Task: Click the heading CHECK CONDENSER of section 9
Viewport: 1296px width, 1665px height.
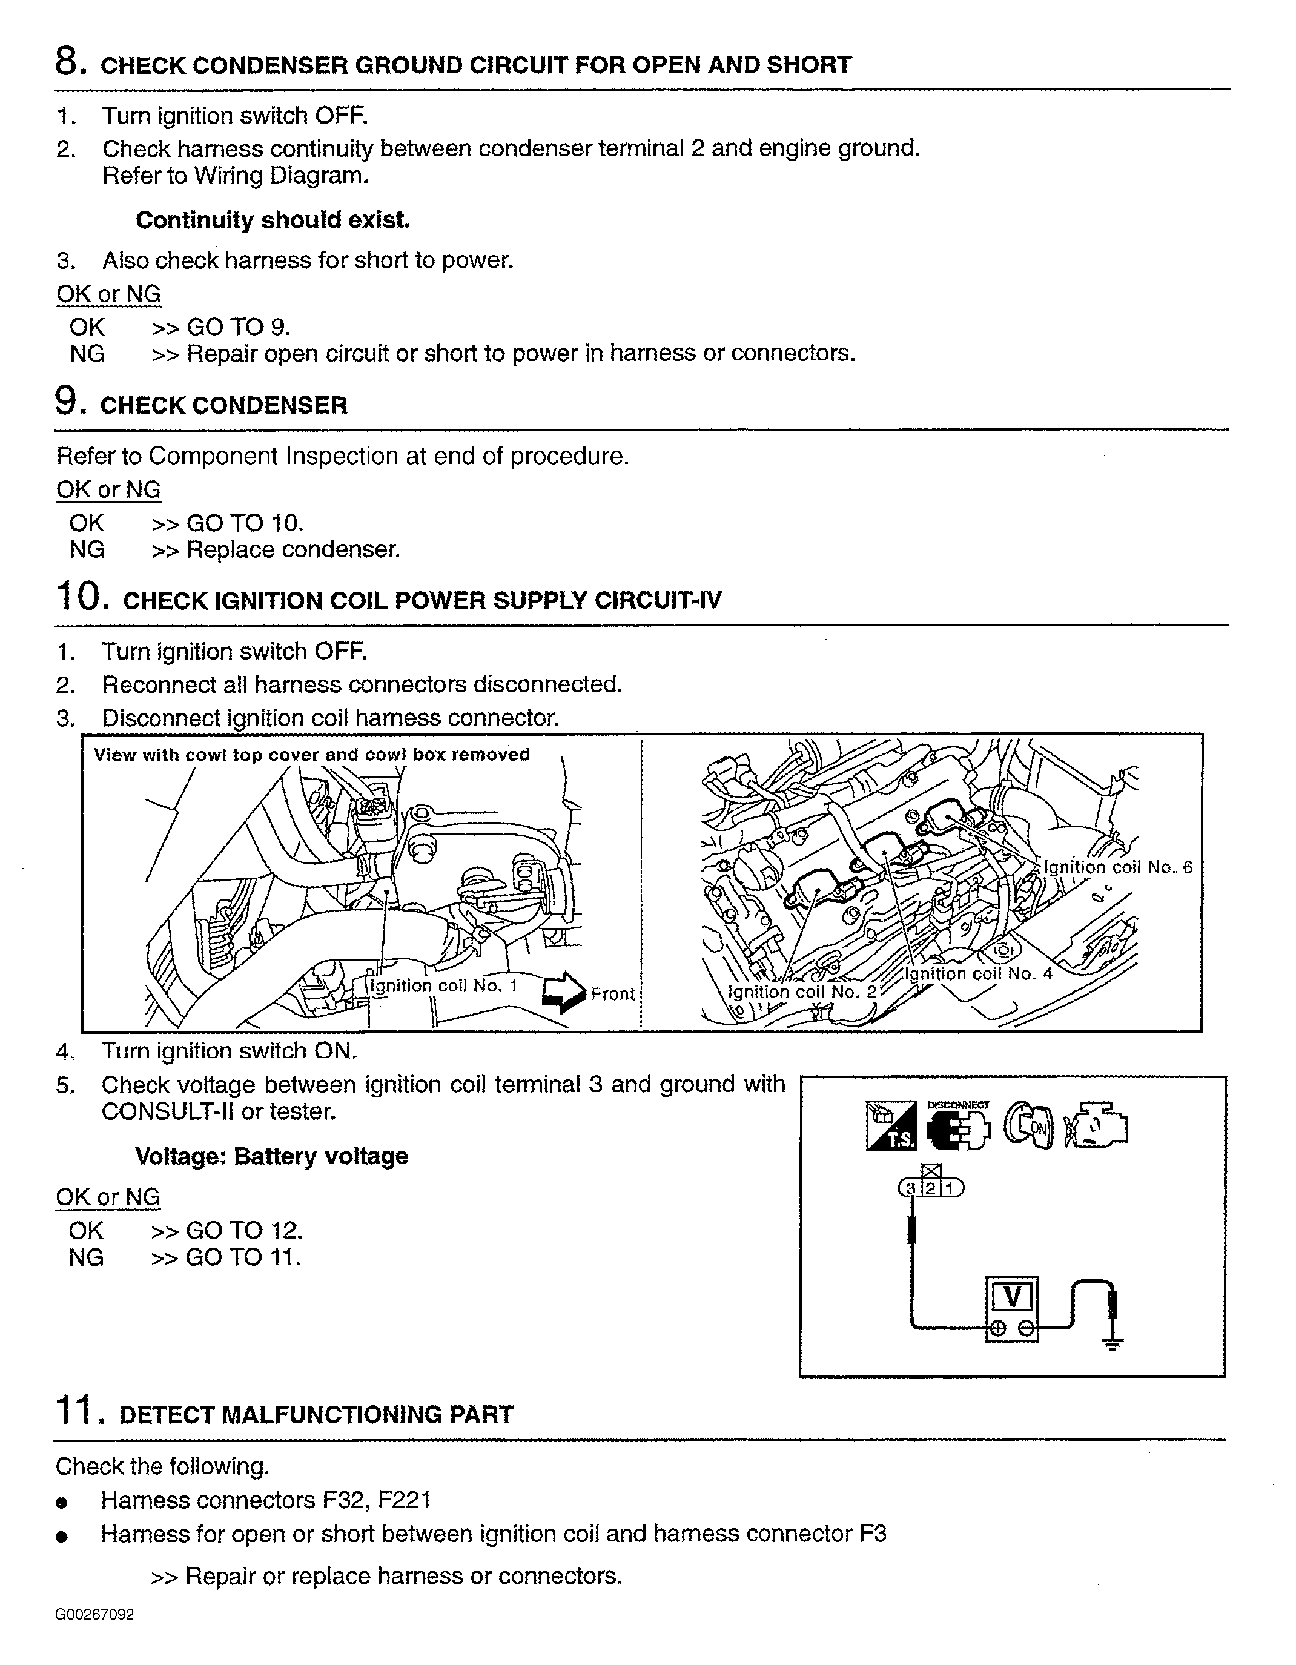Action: click(223, 405)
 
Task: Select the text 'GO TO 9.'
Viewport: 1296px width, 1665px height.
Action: click(238, 327)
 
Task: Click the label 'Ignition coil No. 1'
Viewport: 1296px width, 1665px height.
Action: click(442, 985)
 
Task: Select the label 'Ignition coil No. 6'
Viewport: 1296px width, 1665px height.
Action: click(1117, 867)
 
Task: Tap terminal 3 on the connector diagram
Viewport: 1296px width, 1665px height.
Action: click(910, 1188)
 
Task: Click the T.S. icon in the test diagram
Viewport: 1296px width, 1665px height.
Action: click(891, 1125)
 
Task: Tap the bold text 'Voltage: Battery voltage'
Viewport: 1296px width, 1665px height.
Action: click(271, 1156)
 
